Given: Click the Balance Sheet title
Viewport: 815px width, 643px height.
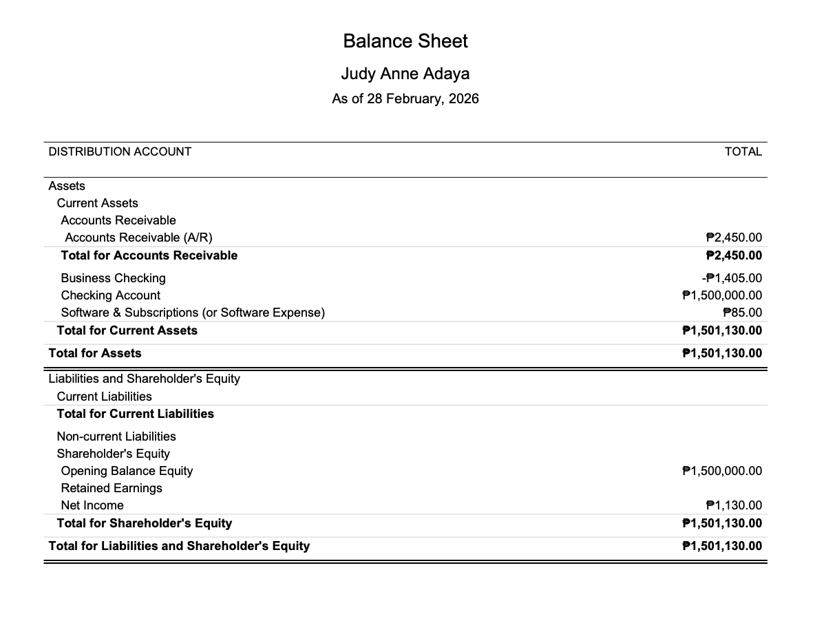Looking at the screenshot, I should tap(405, 41).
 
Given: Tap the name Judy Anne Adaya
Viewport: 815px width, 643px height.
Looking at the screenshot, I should tap(405, 74).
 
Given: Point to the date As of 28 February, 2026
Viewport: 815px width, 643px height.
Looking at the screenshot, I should tap(405, 98).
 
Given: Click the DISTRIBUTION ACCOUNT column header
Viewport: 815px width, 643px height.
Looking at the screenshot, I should tap(120, 151).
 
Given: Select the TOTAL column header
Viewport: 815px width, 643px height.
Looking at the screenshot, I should tap(743, 151).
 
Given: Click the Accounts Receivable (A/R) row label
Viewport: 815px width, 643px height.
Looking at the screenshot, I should tap(138, 238).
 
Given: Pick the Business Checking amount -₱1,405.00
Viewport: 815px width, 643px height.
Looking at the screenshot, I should tap(731, 278).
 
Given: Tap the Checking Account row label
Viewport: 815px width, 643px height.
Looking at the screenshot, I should tap(110, 295).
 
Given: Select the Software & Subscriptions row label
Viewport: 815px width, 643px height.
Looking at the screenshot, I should tap(193, 313).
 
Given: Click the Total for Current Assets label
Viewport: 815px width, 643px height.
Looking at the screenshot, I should tap(127, 330).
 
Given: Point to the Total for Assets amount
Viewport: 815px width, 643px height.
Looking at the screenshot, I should tap(721, 353).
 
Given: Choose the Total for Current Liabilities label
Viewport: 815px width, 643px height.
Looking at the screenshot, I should tap(135, 414).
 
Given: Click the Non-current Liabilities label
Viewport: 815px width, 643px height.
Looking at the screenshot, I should tap(116, 436).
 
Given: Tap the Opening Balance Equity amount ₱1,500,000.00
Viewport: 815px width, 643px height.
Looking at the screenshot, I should tap(721, 471).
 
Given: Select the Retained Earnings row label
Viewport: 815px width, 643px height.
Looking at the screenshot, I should tap(112, 488).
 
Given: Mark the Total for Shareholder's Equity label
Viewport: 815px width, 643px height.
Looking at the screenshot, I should tap(144, 523).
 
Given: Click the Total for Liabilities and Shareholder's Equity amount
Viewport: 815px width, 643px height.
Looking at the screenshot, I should tap(721, 546).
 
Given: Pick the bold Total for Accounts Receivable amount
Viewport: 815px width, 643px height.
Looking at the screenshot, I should tap(734, 255).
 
